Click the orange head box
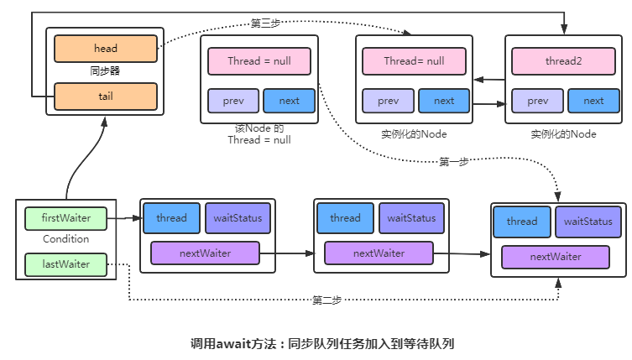tap(106, 49)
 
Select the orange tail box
tap(106, 97)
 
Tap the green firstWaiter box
tap(66, 218)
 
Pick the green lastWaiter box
tap(66, 264)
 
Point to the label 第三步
tap(266, 23)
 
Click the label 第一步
tap(453, 162)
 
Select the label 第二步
tap(326, 299)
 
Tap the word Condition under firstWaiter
tap(65, 239)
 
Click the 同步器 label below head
tap(106, 72)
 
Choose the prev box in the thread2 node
tap(538, 101)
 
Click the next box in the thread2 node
tap(593, 101)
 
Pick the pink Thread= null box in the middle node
tap(414, 61)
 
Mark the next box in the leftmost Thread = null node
tap(289, 101)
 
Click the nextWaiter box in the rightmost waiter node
tap(555, 257)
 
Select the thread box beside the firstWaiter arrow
tap(171, 218)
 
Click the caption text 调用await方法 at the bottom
tap(238, 343)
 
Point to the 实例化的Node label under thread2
tap(563, 134)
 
